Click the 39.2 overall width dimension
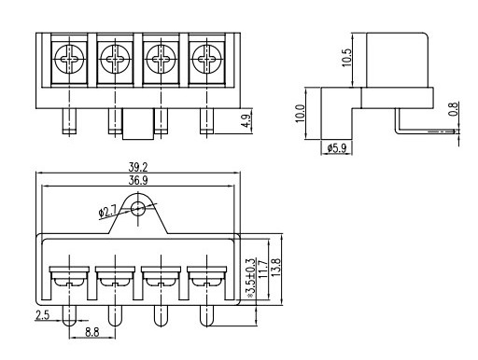[x=138, y=168]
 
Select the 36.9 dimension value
[x=138, y=181]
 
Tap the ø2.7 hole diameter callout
[x=107, y=213]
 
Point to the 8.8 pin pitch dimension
[x=92, y=332]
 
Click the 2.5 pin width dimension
[x=42, y=315]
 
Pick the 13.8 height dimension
[x=275, y=268]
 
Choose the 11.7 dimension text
[x=263, y=270]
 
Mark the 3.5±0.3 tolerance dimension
[x=250, y=277]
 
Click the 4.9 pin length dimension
[x=246, y=121]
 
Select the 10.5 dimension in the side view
[x=346, y=58]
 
